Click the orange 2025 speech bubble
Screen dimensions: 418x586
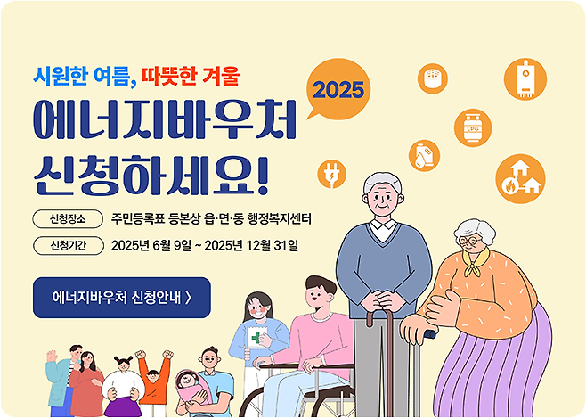pos(339,89)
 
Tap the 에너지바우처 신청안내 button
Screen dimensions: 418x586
pos(122,298)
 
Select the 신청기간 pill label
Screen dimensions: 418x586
pos(67,245)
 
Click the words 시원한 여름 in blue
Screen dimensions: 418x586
pos(80,77)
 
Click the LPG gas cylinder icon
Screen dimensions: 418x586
pos(472,127)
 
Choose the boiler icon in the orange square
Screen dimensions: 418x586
pos(525,78)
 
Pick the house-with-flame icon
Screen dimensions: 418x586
pos(520,177)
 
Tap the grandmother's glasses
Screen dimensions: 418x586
pos(470,238)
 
